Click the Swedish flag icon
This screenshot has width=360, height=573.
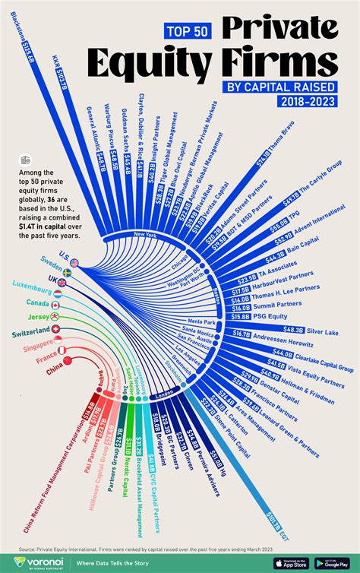pos(67,271)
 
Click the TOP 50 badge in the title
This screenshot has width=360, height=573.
pos(186,30)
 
